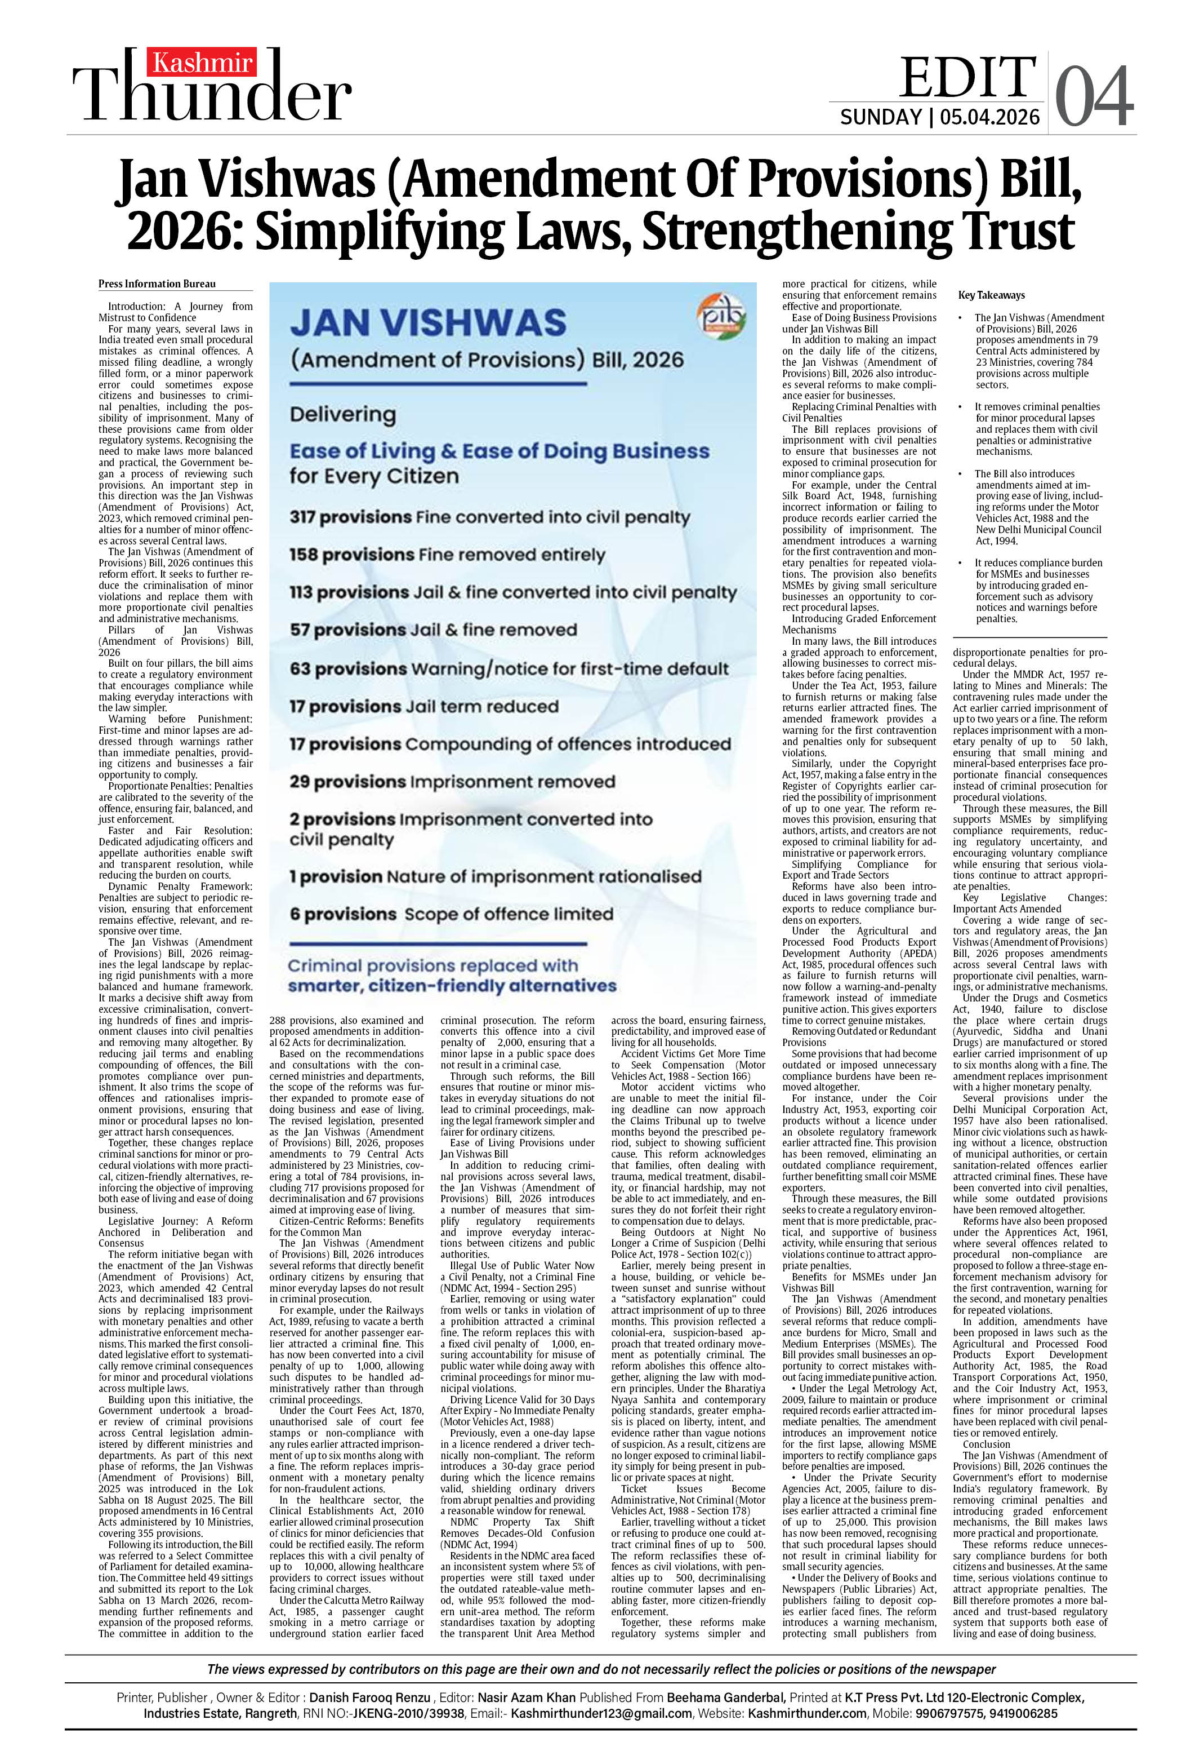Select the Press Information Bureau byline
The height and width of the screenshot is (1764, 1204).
[x=157, y=284]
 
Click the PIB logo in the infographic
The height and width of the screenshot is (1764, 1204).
[x=721, y=317]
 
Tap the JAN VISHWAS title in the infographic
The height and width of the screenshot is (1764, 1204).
[x=428, y=322]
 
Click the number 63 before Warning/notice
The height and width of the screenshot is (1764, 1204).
[x=299, y=669]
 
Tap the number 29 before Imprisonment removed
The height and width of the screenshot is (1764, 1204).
[x=299, y=782]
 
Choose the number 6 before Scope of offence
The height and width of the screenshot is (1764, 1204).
[x=295, y=914]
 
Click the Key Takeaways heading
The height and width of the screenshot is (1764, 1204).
[x=991, y=295]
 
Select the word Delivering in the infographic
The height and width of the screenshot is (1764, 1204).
[x=343, y=415]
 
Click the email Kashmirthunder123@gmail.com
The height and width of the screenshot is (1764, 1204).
[x=601, y=1713]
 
